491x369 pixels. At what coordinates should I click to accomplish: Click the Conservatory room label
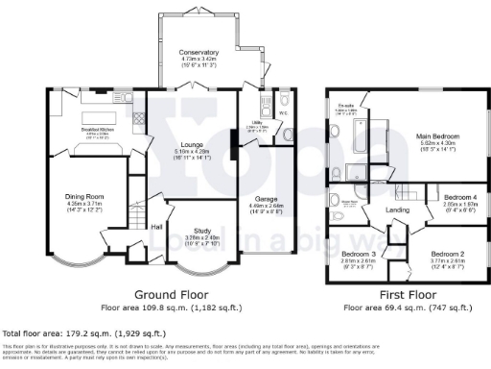click(x=199, y=52)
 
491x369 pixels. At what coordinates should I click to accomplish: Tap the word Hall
click(x=154, y=226)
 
